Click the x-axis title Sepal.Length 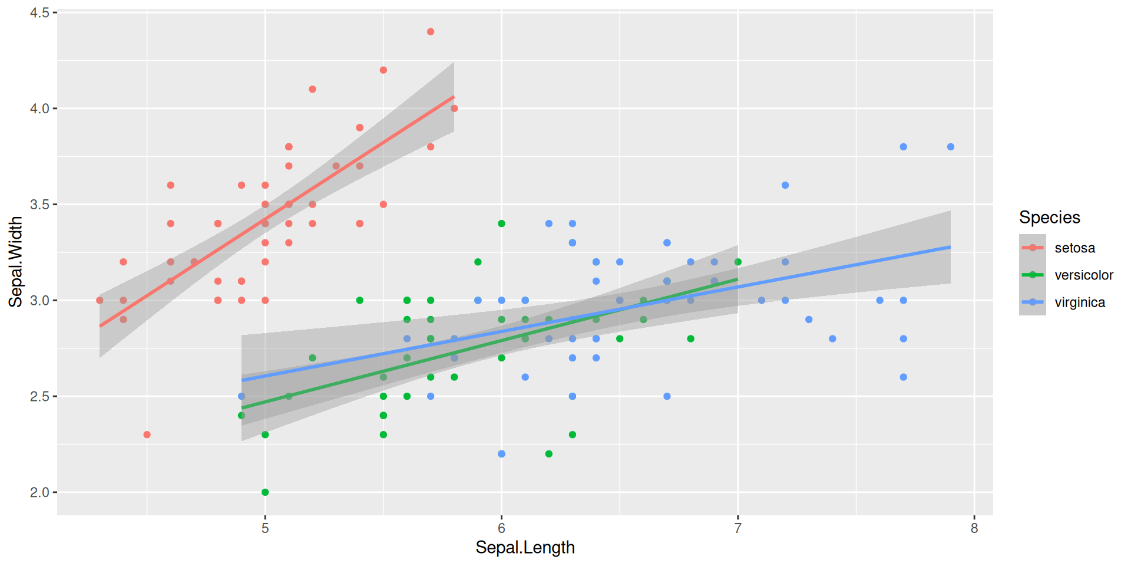525,548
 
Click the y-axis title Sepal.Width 16,262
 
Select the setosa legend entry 1074,248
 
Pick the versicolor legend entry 1083,275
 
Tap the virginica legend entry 1079,302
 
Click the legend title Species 1049,218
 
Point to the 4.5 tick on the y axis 39,12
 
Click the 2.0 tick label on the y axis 39,492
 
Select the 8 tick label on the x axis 974,528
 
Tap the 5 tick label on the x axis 265,528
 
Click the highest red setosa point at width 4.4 431,32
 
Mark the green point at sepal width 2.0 265,492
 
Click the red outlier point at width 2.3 147,435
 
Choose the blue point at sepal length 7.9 951,147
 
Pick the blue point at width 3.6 785,185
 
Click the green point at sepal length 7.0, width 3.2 738,262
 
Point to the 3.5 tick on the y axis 39,205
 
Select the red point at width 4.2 383,70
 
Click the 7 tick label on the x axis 738,528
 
